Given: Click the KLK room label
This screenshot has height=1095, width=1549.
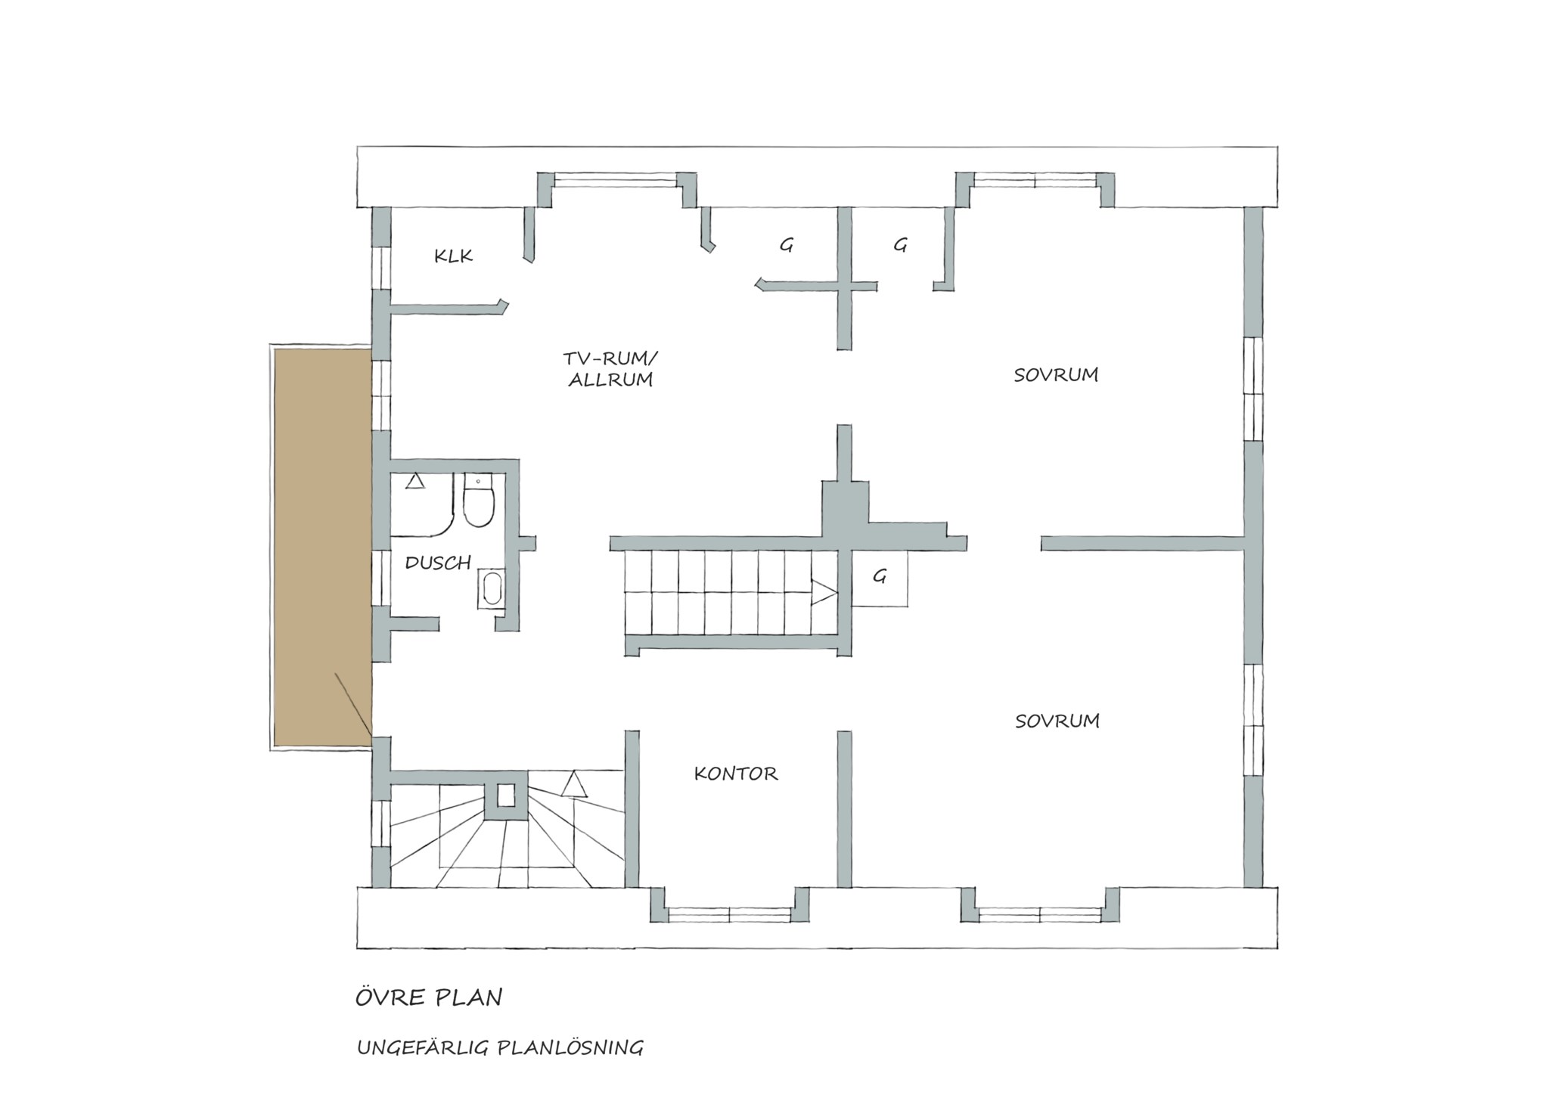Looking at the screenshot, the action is [454, 256].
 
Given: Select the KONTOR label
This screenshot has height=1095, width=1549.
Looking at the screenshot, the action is [736, 774].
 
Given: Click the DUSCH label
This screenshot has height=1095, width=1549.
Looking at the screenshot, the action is [439, 563].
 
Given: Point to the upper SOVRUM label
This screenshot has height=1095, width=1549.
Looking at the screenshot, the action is [1056, 375].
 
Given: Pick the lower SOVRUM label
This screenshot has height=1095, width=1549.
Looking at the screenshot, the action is [1057, 721].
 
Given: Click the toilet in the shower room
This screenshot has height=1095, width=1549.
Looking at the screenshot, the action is [478, 500].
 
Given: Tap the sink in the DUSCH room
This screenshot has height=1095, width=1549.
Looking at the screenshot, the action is [492, 589].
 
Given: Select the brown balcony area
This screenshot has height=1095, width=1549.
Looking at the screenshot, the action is [323, 547].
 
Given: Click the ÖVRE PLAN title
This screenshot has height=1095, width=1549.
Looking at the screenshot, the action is [429, 997].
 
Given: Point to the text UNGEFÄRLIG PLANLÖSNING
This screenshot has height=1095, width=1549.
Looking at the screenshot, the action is [500, 1047].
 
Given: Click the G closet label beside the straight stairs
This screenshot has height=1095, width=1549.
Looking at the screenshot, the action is [880, 577].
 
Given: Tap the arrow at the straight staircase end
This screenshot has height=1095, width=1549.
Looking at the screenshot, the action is [824, 592].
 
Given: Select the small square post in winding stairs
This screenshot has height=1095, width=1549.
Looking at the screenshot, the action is [506, 795].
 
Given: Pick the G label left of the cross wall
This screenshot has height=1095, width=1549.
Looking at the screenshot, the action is [787, 245].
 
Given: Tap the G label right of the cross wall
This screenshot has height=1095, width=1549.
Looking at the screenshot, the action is [900, 245].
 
